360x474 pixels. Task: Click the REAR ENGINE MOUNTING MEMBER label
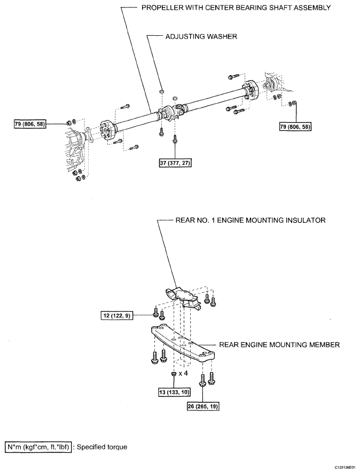pyautogui.click(x=272, y=345)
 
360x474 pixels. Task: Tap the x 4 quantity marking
pyautogui.click(x=184, y=372)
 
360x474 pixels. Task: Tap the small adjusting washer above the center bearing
pyautogui.click(x=160, y=92)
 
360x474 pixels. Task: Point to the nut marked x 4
pyautogui.click(x=174, y=374)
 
